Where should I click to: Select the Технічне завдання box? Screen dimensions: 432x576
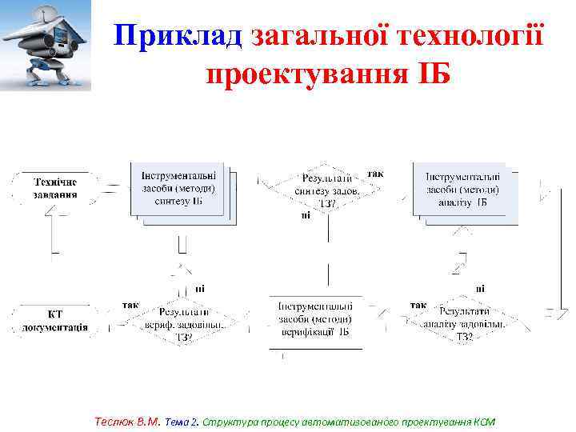point(55,187)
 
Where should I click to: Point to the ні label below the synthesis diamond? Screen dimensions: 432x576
point(306,214)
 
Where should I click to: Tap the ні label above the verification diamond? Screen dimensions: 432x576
point(199,288)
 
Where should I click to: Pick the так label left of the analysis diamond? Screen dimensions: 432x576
point(418,305)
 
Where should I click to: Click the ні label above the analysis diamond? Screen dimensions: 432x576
point(479,288)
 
